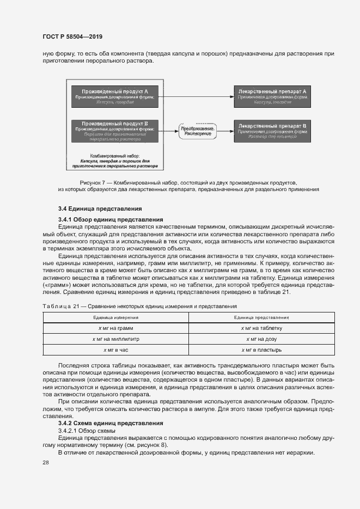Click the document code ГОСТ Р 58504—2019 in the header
pyautogui.click(x=72, y=36)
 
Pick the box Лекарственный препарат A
pyautogui.click(x=272, y=96)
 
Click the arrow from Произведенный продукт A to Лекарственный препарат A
pyautogui.click(x=194, y=96)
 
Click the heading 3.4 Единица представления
pyautogui.click(x=100, y=208)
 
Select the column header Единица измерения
pyautogui.click(x=115, y=317)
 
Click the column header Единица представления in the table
pyautogui.click(x=261, y=317)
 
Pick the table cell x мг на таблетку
pyautogui.click(x=261, y=328)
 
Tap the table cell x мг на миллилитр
pyautogui.click(x=115, y=339)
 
